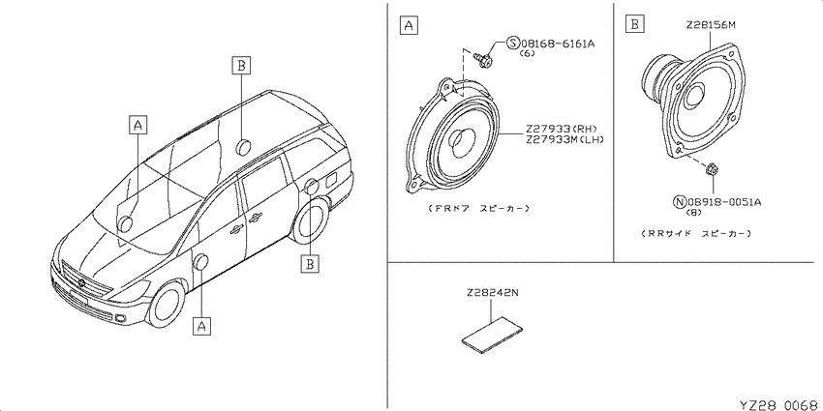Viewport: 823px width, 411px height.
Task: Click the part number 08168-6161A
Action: tap(558, 44)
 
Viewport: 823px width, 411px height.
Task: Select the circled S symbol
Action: tap(513, 44)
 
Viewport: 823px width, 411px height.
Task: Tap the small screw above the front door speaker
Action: tap(483, 58)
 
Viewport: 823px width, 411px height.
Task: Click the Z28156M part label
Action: tap(710, 24)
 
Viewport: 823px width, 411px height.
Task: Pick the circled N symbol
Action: tap(680, 201)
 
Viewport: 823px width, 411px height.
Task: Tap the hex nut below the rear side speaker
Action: tap(713, 169)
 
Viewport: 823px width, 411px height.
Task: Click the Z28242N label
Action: tap(491, 294)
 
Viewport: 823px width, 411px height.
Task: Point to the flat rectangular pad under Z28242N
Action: tap(492, 334)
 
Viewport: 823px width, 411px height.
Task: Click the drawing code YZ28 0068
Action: tap(778, 405)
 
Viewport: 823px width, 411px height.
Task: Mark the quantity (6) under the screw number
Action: tap(527, 53)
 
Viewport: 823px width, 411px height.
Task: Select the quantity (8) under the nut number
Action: tap(693, 212)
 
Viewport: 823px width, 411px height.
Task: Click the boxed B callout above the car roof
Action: tap(241, 66)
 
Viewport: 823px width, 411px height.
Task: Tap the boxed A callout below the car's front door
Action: tap(202, 325)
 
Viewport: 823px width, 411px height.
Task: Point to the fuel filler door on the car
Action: tap(332, 180)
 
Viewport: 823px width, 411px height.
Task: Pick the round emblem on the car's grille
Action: tap(81, 283)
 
